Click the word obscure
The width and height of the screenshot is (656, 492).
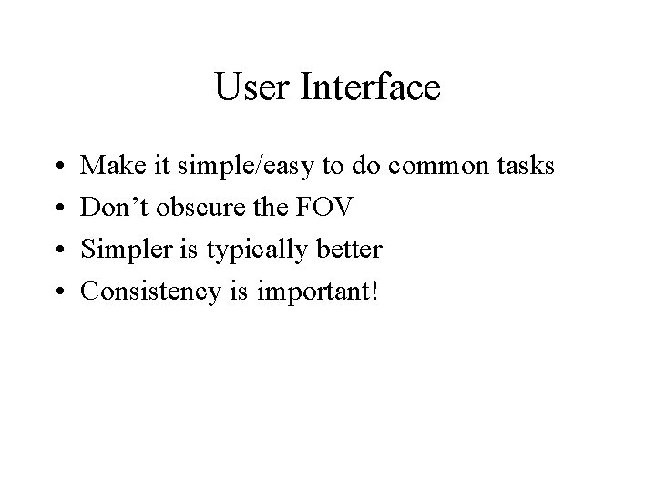[202, 207]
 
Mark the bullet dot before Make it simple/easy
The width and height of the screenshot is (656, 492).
[57, 168]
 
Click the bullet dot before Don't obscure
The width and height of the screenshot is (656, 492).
[57, 209]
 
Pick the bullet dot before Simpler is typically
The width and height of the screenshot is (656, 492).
[57, 250]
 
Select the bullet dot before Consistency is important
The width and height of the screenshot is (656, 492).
[57, 292]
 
